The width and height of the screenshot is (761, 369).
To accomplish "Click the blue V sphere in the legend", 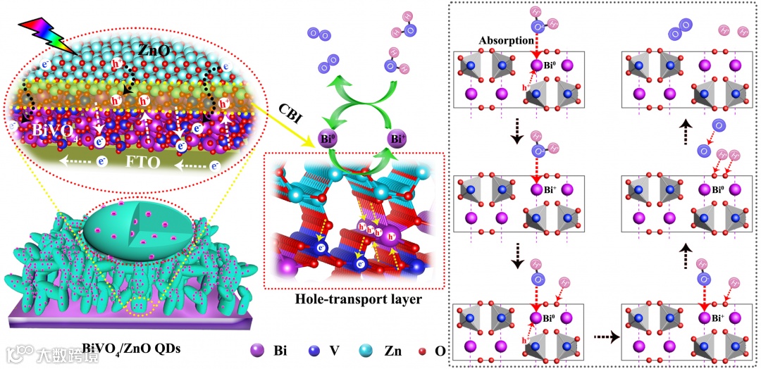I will (316, 351).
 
